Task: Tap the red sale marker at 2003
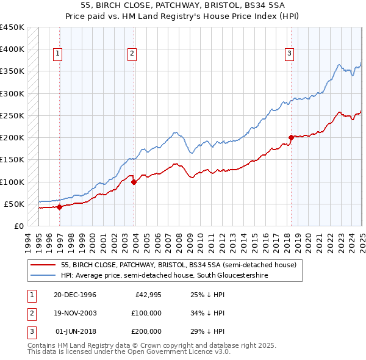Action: (x=134, y=182)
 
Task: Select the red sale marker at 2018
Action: (x=292, y=137)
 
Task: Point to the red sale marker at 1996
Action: (x=60, y=207)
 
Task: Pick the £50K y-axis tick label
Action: (x=15, y=204)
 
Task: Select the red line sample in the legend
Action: (x=43, y=265)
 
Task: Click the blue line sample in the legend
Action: (x=43, y=276)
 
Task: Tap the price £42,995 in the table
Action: (x=146, y=295)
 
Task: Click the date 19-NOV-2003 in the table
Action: (x=75, y=313)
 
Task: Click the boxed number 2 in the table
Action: (x=30, y=313)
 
